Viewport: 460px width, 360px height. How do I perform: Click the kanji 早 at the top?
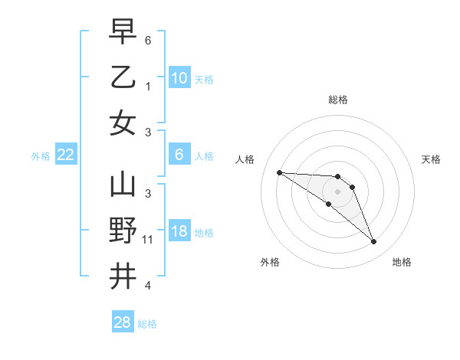click(x=123, y=34)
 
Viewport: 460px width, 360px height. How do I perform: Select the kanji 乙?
click(x=123, y=77)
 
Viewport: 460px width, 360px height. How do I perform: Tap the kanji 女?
click(x=123, y=122)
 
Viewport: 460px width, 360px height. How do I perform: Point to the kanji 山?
click(x=123, y=186)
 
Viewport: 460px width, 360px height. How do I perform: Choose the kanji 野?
click(x=123, y=231)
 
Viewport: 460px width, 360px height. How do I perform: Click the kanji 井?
click(x=123, y=275)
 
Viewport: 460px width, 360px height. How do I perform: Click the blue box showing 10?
click(x=179, y=77)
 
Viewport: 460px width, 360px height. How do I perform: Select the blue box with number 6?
click(x=179, y=155)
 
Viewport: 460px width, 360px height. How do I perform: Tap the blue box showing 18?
click(x=179, y=232)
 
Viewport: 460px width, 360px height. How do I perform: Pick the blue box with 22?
click(x=66, y=155)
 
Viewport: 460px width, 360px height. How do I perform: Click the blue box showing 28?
click(x=123, y=322)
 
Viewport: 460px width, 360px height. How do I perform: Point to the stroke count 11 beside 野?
click(x=148, y=240)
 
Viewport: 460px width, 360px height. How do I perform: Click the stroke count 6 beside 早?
click(x=147, y=39)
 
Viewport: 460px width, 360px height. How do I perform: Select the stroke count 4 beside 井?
click(x=147, y=286)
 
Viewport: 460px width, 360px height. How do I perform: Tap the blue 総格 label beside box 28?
click(x=148, y=324)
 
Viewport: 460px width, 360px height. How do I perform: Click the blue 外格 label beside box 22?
click(x=41, y=156)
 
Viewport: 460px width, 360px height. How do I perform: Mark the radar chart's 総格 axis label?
click(x=338, y=100)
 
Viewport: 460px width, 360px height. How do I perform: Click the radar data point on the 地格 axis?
click(x=373, y=242)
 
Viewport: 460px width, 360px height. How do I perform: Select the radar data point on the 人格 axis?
click(x=279, y=172)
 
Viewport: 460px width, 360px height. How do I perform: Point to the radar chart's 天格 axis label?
click(x=432, y=159)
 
